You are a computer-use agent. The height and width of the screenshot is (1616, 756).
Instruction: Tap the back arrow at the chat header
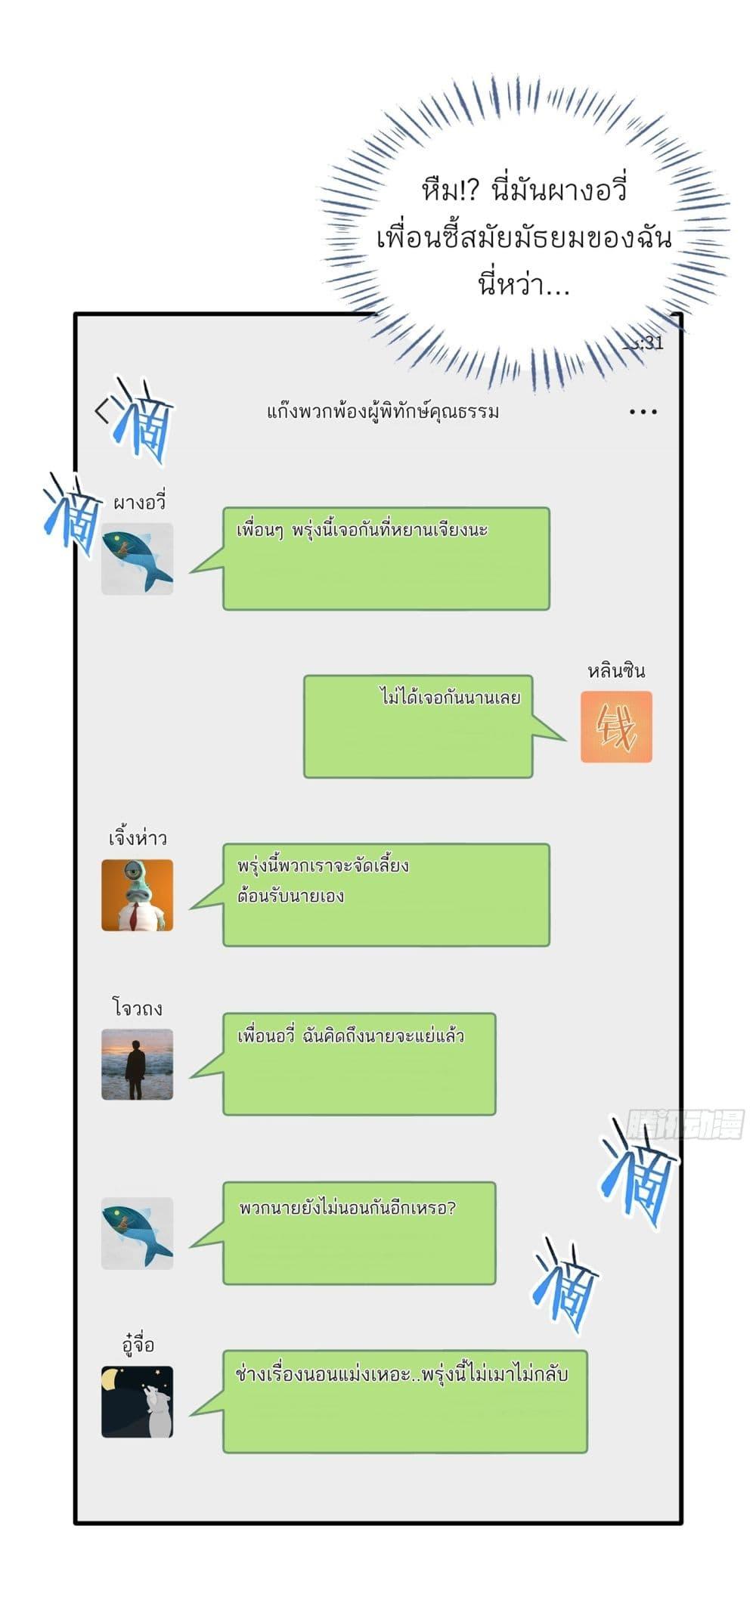point(101,410)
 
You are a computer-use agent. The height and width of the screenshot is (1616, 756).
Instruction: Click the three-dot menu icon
point(643,412)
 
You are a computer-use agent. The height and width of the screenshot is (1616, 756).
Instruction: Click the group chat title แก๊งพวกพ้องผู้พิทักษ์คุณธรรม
point(383,412)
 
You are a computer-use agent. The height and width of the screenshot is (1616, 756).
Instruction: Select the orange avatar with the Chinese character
point(616,726)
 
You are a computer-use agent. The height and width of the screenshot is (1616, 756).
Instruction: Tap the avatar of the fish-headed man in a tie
point(138,895)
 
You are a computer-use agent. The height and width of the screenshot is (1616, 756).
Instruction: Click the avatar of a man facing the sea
point(138,1063)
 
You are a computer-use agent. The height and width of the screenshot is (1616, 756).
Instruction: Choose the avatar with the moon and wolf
point(138,1401)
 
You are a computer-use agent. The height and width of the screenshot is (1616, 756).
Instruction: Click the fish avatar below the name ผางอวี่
point(138,559)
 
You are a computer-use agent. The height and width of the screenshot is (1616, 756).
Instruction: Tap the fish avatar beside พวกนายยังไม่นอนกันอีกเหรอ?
point(138,1233)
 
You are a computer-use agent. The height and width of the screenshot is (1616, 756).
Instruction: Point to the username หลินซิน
point(616,670)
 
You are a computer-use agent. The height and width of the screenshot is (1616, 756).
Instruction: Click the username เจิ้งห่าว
point(138,838)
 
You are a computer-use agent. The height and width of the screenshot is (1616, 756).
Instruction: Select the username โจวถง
point(138,1008)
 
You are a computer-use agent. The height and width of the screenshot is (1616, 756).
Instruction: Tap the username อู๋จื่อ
point(138,1345)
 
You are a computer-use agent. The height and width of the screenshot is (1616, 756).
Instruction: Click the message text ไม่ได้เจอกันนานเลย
point(450,697)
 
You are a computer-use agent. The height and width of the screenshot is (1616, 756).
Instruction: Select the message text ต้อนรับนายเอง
point(291,896)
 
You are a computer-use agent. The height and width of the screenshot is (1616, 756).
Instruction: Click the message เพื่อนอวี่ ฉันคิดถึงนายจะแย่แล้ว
point(351,1036)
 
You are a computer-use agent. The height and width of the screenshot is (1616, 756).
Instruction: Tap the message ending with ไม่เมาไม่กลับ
point(402,1373)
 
